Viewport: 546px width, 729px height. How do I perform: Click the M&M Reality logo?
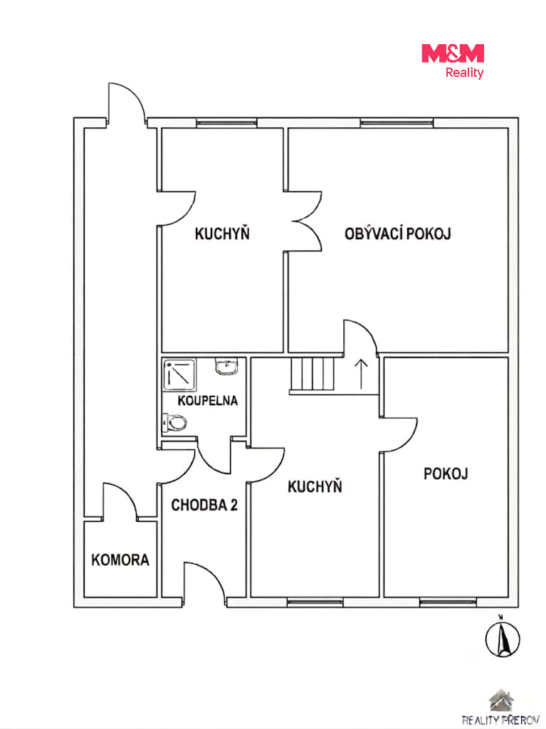click(x=453, y=61)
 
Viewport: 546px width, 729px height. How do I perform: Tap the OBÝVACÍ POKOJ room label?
click(x=398, y=234)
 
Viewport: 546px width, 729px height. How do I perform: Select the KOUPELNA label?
click(x=207, y=400)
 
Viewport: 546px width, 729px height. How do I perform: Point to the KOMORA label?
click(x=120, y=560)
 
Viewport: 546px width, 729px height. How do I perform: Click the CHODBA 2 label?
click(x=204, y=505)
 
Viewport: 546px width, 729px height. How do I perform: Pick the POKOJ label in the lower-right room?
click(x=446, y=473)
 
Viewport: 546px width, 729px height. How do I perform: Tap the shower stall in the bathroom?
click(x=179, y=374)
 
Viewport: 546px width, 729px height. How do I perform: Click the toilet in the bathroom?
click(x=174, y=423)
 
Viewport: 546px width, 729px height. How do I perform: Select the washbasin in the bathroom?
click(x=227, y=367)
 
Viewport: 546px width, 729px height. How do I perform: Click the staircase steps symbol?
click(x=313, y=374)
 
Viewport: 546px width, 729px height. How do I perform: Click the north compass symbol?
click(x=503, y=637)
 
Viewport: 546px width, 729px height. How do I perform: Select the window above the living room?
click(x=397, y=123)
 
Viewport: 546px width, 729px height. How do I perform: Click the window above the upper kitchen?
click(x=226, y=123)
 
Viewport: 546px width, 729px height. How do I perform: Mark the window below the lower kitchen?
click(x=315, y=603)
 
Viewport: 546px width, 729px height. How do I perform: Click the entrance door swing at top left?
click(x=127, y=103)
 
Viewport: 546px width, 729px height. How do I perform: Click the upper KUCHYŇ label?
click(x=222, y=234)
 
